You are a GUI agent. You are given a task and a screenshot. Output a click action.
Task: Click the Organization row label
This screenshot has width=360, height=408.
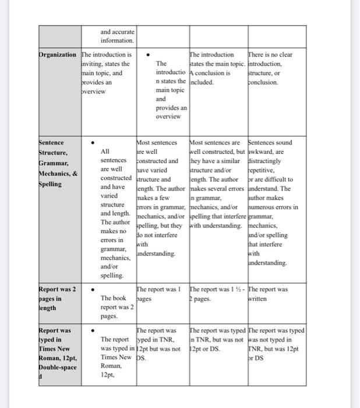(57, 55)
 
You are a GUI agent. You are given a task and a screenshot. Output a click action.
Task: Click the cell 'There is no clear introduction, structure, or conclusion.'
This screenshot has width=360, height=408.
(271, 69)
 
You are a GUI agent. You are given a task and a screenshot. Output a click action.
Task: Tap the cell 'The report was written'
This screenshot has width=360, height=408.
(267, 293)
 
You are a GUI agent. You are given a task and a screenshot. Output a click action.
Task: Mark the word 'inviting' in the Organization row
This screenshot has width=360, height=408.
(94, 64)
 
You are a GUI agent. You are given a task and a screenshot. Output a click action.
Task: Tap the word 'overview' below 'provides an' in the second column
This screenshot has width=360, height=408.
(94, 92)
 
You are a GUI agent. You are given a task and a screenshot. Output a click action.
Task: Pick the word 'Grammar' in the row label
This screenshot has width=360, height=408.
(54, 163)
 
